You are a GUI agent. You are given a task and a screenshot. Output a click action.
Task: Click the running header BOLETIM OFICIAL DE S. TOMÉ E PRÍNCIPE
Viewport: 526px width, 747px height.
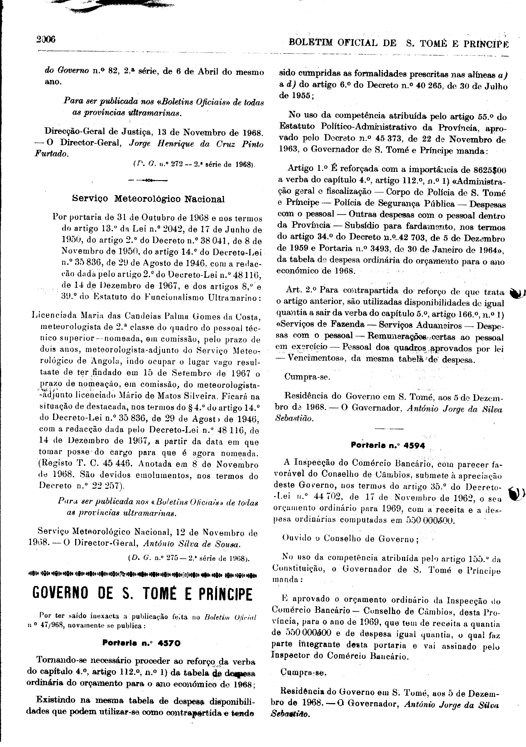(x=398, y=43)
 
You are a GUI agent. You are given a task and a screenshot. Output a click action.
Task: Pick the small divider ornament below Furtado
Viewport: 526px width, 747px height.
(x=148, y=180)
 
